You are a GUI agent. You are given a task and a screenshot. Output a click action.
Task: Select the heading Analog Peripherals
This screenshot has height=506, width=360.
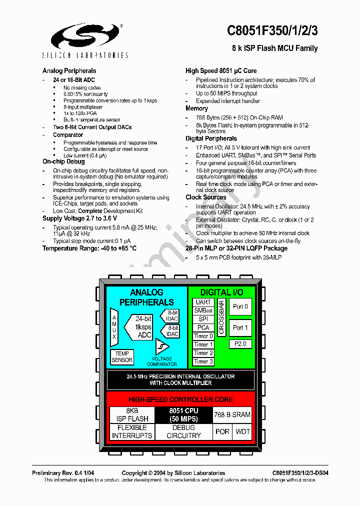(x=69, y=71)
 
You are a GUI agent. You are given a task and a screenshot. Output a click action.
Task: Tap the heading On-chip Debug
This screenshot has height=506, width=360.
(x=63, y=161)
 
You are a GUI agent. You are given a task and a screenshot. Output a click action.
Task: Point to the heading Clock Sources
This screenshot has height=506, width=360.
(x=205, y=197)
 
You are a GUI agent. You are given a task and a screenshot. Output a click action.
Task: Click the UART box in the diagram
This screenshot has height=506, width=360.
(x=203, y=302)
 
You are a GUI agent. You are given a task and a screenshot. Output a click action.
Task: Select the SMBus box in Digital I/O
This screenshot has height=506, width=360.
(x=203, y=311)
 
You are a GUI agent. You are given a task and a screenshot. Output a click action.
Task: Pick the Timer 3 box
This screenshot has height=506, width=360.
(x=203, y=361)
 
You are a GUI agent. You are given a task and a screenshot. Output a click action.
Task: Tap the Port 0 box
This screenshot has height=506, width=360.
(x=240, y=307)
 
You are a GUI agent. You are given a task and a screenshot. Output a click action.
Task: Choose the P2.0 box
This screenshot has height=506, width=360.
(x=240, y=344)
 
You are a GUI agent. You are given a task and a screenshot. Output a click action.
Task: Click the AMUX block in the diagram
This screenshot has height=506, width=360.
(x=114, y=327)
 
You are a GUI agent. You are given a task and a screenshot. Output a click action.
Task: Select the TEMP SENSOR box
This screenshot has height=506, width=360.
(x=122, y=357)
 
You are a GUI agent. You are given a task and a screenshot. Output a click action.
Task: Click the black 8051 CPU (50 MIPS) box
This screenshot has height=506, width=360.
(x=183, y=415)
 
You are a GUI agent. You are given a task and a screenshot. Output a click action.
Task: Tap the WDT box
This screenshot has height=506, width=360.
(x=243, y=431)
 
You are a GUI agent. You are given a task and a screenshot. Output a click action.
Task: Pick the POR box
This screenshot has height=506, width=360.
(x=222, y=431)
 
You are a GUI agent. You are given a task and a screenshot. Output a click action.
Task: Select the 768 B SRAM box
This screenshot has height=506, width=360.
(x=232, y=414)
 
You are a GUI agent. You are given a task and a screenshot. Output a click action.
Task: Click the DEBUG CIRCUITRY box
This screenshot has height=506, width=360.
(x=183, y=431)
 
